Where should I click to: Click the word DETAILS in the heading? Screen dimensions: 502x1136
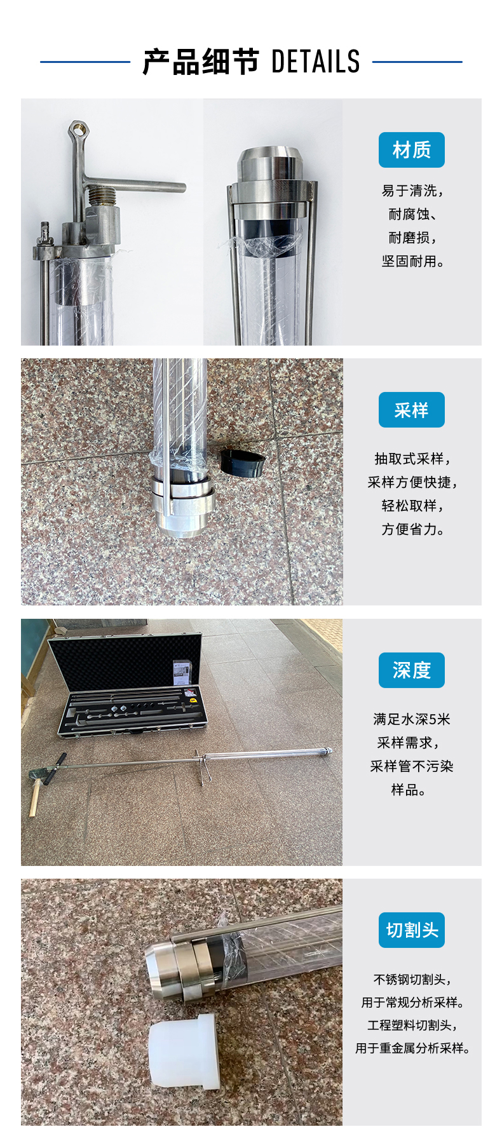[x=315, y=62]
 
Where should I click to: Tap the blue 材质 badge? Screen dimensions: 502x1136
[x=412, y=150]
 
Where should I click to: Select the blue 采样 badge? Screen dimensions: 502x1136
[x=412, y=410]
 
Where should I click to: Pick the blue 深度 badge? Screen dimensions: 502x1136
[x=412, y=670]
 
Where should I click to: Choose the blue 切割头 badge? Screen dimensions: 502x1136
[x=412, y=930]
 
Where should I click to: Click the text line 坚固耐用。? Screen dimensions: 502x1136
[x=412, y=261]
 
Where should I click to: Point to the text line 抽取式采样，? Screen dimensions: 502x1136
[x=412, y=459]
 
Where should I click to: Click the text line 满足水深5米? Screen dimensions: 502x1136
[x=412, y=719]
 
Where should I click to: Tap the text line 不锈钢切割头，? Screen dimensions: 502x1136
[x=412, y=980]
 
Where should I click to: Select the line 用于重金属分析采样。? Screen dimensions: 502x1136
[x=412, y=1048]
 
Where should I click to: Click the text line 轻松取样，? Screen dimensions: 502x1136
[x=412, y=506]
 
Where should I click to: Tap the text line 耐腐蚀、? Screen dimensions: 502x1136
[x=412, y=214]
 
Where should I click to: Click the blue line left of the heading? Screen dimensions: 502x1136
[x=85, y=62]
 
